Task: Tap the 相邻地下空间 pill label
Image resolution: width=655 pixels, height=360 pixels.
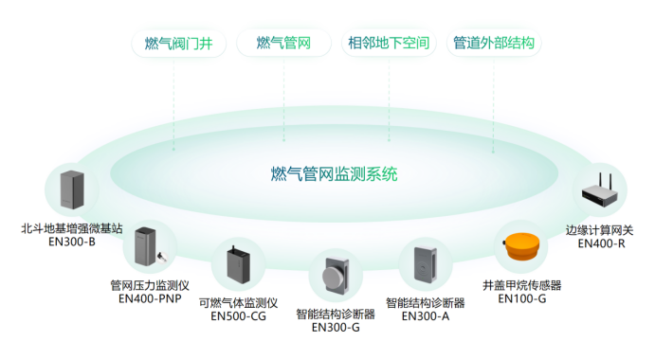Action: tap(389, 43)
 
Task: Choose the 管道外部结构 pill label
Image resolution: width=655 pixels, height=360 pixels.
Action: tap(494, 43)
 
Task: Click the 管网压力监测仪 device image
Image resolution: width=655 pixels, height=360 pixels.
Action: tap(150, 248)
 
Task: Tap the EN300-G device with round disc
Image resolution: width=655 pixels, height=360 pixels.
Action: tap(336, 278)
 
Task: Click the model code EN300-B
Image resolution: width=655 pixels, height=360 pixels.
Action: tap(71, 241)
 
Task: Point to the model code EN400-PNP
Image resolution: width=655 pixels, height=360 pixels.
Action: tap(150, 297)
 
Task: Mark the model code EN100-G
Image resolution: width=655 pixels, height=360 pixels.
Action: tap(522, 298)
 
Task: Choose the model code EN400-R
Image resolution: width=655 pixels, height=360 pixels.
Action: tap(602, 243)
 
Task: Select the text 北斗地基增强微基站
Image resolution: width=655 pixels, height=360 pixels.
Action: tap(72, 227)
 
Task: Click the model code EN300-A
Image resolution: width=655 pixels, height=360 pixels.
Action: tap(424, 316)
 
